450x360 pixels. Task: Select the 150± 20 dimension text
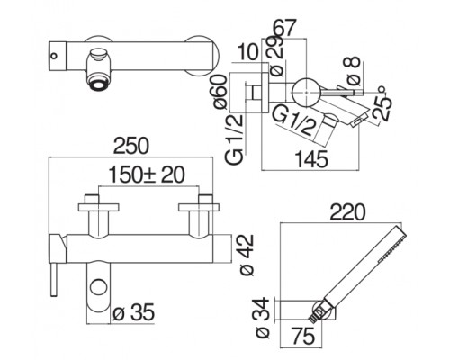pos(147,175)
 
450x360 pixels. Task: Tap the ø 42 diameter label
pos(247,255)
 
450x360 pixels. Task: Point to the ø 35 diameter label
pos(134,312)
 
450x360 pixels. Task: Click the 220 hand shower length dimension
pos(347,212)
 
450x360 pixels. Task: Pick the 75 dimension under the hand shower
pos(303,336)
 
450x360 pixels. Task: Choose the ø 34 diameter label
pos(263,318)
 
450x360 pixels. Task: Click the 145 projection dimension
pos(311,159)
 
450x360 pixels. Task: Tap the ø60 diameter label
pos(220,92)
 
